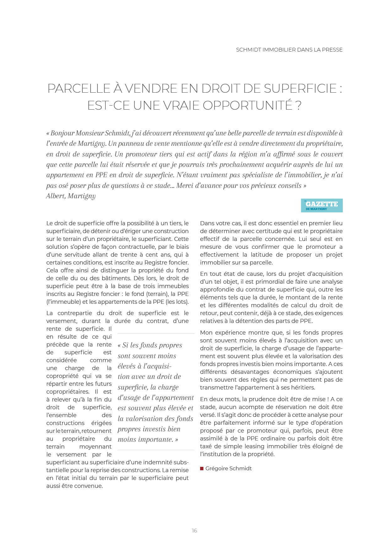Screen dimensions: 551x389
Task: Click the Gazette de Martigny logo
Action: (322, 205)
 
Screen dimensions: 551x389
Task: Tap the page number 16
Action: (194, 531)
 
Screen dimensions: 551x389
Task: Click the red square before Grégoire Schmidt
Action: (202, 468)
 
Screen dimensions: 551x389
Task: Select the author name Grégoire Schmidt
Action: (228, 468)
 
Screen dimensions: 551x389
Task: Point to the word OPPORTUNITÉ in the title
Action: (248, 105)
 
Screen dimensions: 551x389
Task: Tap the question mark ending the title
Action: (298, 105)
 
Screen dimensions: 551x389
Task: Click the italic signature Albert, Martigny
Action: (71, 196)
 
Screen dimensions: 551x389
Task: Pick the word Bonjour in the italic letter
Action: (62, 133)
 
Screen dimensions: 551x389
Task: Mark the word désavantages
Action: (248, 372)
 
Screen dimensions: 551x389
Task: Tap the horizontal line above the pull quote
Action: (156, 334)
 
